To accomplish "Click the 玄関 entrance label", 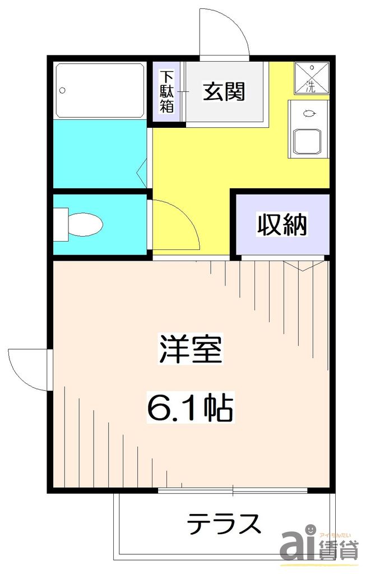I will pos(224,91).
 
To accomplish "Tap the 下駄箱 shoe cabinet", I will pos(167,91).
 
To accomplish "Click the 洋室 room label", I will pos(191,350).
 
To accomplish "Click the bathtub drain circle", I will pos(63,90).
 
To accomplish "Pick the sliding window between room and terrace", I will pos(232,491).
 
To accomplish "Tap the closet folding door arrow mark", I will pos(303,266).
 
